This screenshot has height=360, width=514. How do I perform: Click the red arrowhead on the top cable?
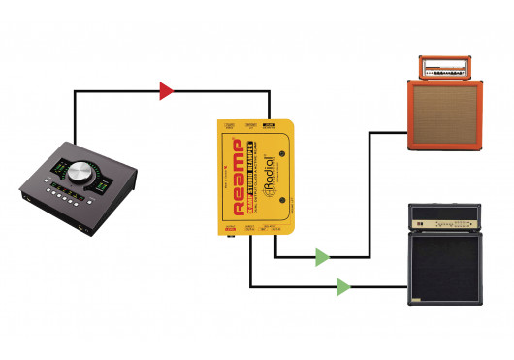166,91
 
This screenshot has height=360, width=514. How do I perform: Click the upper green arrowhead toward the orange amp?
322,258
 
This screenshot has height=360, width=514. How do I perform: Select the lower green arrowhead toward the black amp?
342,286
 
